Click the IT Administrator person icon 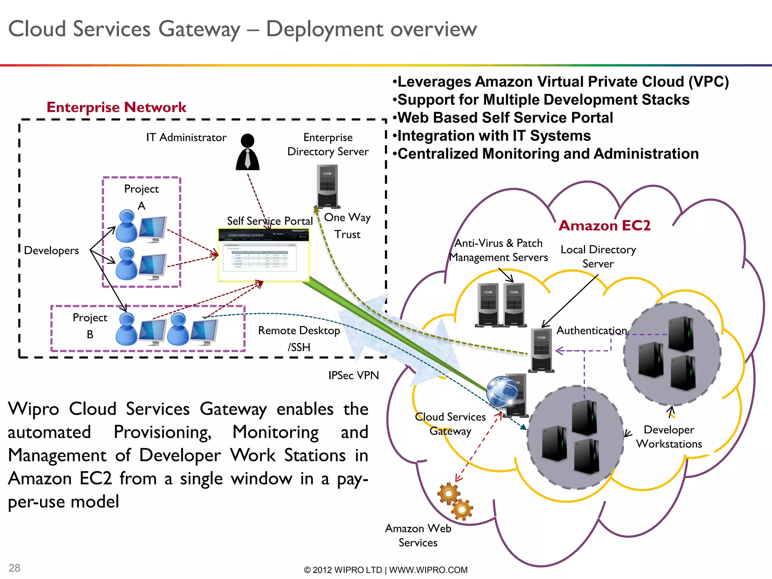click(248, 152)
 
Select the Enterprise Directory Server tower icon click(327, 186)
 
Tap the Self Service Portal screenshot click(263, 255)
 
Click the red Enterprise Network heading click(116, 107)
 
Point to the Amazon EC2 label click(604, 225)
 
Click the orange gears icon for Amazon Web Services click(455, 501)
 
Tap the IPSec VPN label click(353, 375)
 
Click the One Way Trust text click(347, 226)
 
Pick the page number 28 click(14, 568)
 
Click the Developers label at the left click(51, 251)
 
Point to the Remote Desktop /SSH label click(299, 339)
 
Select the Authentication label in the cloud click(591, 331)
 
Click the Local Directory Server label click(598, 257)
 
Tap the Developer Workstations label click(669, 437)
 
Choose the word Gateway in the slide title click(199, 29)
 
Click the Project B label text click(90, 326)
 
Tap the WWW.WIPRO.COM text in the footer click(428, 570)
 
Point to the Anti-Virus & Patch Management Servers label click(498, 250)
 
